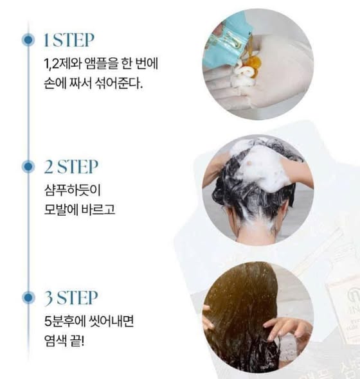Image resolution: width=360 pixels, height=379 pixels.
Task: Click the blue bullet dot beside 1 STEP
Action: (x=28, y=40)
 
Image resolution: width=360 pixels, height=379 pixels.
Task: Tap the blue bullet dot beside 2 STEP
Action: (x=28, y=166)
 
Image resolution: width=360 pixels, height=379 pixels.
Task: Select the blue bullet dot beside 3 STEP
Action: (x=28, y=297)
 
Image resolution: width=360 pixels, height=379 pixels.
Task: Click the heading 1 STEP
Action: (x=69, y=40)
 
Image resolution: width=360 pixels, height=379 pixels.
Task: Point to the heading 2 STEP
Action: (x=71, y=166)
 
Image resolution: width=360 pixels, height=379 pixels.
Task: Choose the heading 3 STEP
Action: (x=71, y=297)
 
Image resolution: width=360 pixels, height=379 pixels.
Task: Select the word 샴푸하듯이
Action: (x=72, y=190)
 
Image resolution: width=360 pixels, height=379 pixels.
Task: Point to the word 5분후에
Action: (x=65, y=321)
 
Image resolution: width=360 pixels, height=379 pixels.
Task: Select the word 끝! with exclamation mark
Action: (x=77, y=340)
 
